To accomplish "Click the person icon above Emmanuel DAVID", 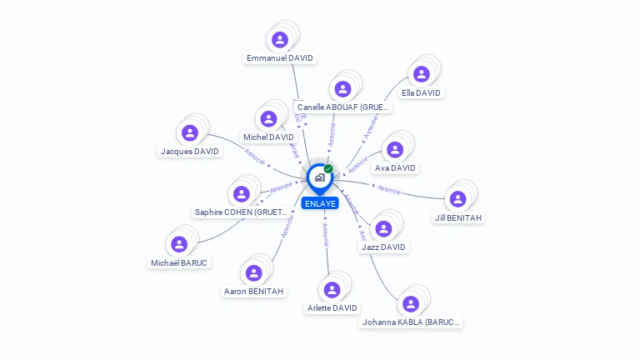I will [x=280, y=39].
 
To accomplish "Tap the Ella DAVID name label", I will [x=421, y=93].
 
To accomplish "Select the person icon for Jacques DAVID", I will [x=190, y=132].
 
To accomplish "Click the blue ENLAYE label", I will [x=320, y=203].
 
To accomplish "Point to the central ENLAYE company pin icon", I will [x=319, y=177].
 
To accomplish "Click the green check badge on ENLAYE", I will [x=328, y=169].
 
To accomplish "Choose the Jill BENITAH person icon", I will [x=457, y=199].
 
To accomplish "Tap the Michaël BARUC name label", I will [x=179, y=263].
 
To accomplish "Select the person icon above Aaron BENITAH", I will [x=253, y=272].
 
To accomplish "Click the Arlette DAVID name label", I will [x=332, y=308].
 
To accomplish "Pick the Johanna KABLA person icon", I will [x=410, y=304].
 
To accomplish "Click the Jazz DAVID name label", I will [x=383, y=247].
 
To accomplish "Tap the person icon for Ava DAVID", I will [x=395, y=149].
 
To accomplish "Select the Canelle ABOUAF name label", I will [x=342, y=108].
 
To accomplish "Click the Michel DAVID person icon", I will [x=268, y=118].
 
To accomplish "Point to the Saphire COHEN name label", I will [x=241, y=212].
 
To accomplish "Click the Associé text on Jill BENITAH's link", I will [x=389, y=190].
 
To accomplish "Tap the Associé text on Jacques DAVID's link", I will [x=255, y=156].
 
